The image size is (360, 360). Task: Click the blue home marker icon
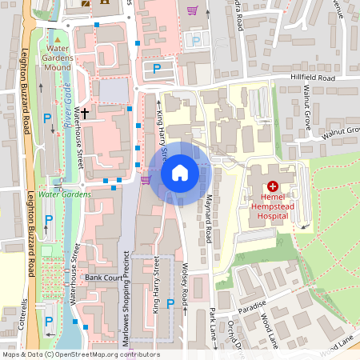pos(180,172)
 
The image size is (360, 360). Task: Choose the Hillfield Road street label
pos(313,78)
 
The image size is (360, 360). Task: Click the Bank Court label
pos(102,277)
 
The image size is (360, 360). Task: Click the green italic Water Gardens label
pos(65,194)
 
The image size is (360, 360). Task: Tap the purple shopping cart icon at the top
pos(192,10)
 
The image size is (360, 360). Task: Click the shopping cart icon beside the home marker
pos(145,180)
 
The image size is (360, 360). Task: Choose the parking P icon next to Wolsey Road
pos(170,303)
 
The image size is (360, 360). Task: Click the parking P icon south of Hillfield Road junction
pos(157,70)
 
